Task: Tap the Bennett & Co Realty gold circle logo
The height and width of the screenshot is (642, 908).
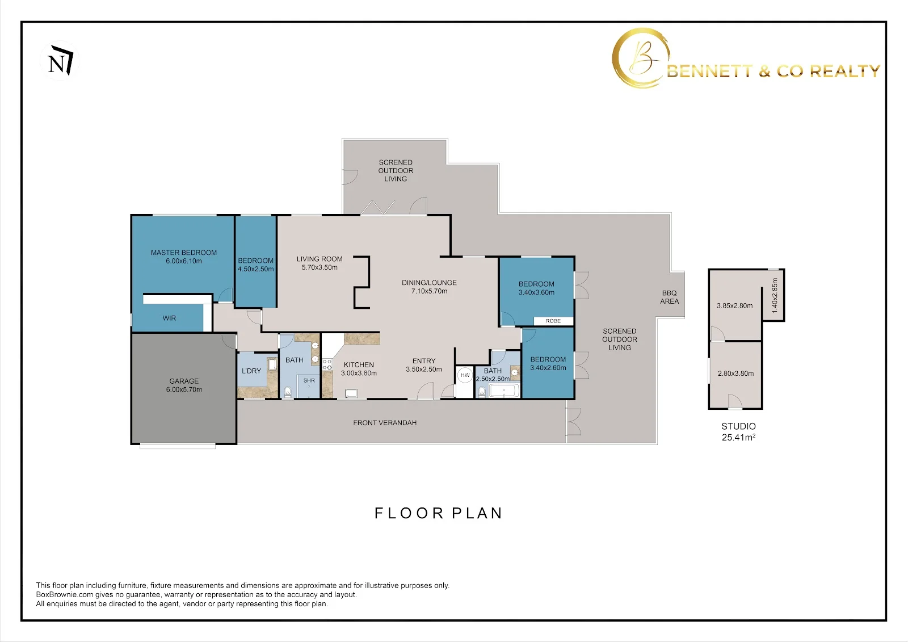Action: pos(640,58)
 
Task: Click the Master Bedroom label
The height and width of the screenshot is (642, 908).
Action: pos(184,257)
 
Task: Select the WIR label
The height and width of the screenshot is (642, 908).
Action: pos(169,318)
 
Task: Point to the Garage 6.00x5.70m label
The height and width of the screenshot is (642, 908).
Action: pos(184,385)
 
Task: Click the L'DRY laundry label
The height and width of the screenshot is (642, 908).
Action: pos(251,371)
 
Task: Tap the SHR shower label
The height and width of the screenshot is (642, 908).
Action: pos(309,380)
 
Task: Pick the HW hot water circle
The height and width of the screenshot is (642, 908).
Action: pos(465,375)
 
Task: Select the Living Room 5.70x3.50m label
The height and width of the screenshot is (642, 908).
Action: pos(320,263)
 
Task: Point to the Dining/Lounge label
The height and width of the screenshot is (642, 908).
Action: pos(429,287)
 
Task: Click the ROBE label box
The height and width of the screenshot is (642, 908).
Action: pos(553,321)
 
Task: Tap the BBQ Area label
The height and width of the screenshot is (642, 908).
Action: pos(669,297)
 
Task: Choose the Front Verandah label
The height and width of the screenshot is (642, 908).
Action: pos(385,422)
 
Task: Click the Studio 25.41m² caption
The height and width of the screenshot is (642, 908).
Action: pos(738,431)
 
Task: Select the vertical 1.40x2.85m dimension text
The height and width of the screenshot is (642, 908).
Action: pos(775,295)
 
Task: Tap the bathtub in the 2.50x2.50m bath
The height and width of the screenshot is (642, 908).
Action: pos(505,391)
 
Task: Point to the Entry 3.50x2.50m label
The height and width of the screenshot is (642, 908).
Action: pos(424,365)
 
